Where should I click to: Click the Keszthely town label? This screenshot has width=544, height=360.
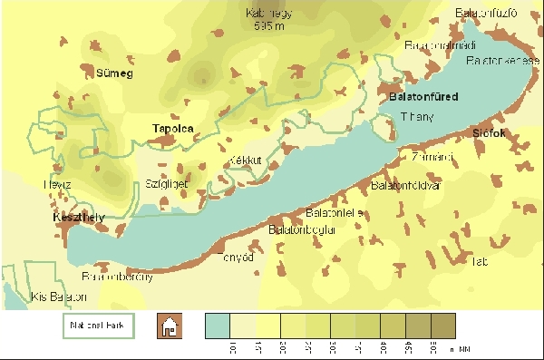[x=79, y=218]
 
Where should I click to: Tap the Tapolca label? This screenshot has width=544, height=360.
[x=173, y=129]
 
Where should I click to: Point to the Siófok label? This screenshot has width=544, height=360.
[x=488, y=133]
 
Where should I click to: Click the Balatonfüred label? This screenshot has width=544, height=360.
[x=423, y=96]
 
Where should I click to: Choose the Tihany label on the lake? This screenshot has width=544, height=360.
[x=418, y=116]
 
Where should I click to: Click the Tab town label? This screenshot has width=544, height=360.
[x=480, y=262]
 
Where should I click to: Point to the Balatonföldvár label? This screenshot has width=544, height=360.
[x=405, y=186]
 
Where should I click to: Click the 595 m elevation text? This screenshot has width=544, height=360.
[x=271, y=26]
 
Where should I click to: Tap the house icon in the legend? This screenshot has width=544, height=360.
[x=168, y=326]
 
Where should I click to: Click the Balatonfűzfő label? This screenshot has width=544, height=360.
[x=488, y=13]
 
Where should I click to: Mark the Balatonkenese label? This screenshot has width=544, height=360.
[x=498, y=61]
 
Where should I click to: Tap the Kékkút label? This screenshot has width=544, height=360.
[x=246, y=160]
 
